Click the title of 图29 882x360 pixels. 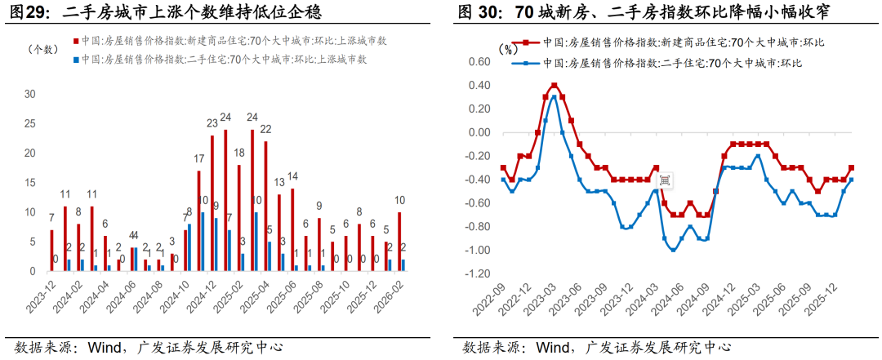pyautogui.click(x=163, y=11)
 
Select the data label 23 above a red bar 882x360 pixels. pyautogui.click(x=212, y=124)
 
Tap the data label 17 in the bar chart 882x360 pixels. pyautogui.click(x=198, y=159)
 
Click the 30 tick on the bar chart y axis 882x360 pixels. pyautogui.click(x=30, y=94)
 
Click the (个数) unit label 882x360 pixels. pyautogui.click(x=42, y=50)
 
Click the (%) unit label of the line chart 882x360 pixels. pyautogui.click(x=507, y=49)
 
